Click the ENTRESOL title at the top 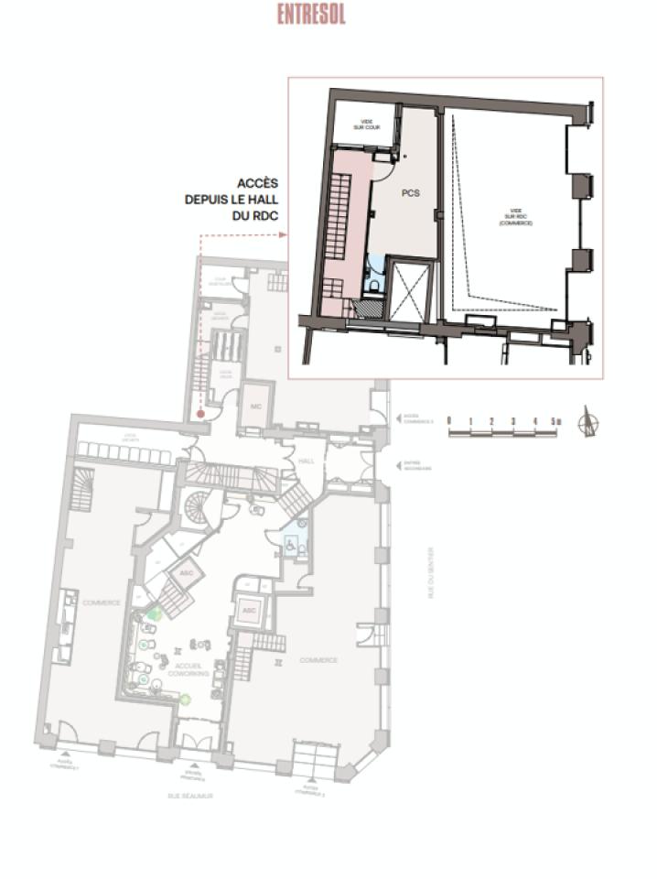click(312, 16)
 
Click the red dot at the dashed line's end click(199, 413)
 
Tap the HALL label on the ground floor click(306, 461)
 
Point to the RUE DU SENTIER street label click(431, 571)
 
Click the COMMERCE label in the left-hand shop click(102, 602)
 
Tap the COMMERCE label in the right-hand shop click(318, 659)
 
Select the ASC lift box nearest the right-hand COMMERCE click(247, 609)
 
